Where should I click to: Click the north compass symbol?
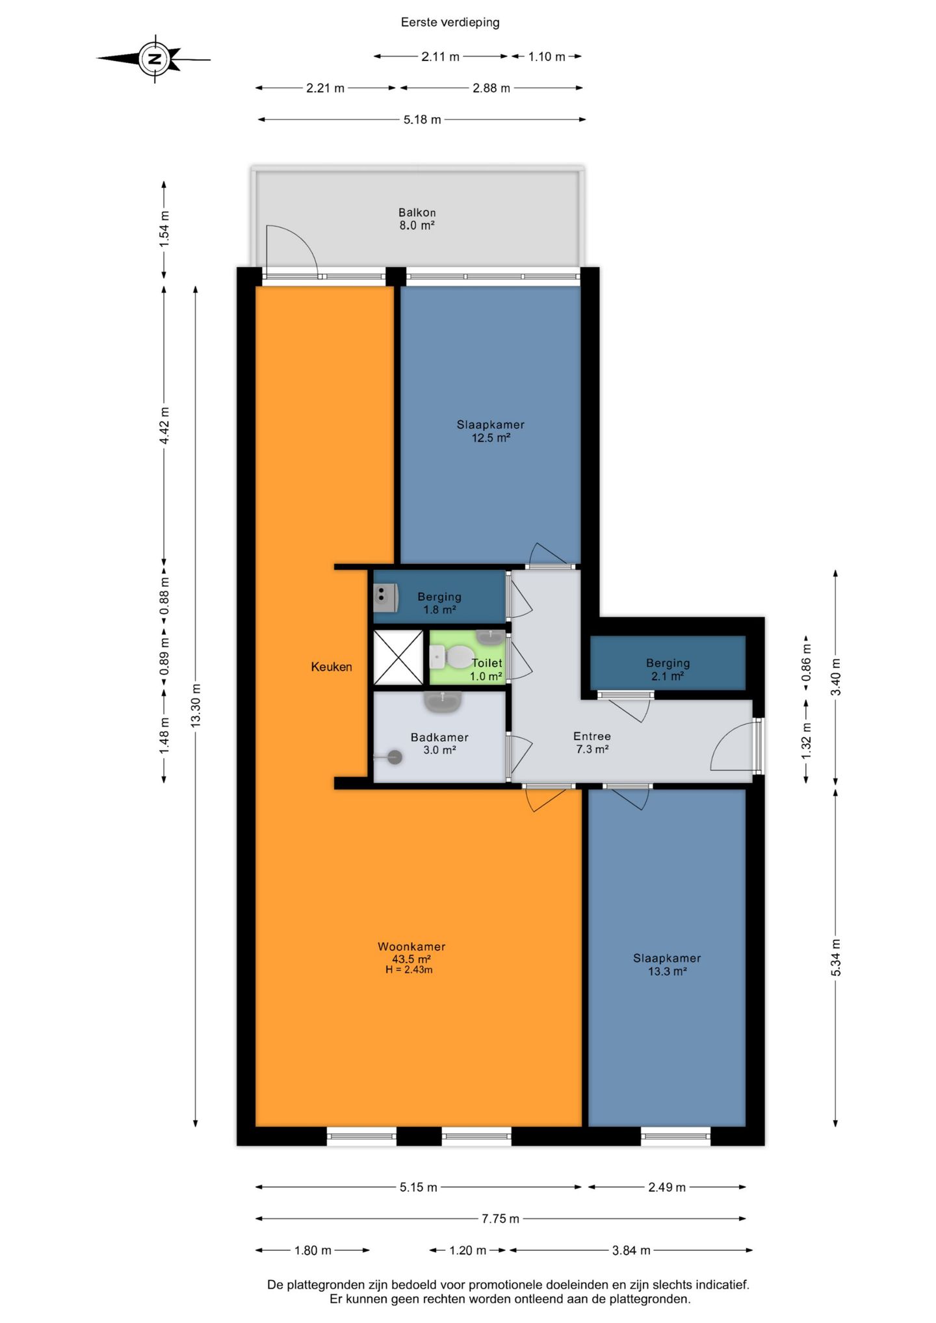155,59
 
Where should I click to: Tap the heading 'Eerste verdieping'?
450,23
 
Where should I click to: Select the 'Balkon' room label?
417,212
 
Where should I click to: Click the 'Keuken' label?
331,667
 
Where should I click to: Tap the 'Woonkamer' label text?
411,947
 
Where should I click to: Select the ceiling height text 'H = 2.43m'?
409,970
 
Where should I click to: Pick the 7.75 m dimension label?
500,1218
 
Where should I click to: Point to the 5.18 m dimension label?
422,120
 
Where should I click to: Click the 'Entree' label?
591,736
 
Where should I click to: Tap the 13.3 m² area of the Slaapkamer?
668,971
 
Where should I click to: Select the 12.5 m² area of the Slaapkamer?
491,438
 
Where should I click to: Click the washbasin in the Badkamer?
443,700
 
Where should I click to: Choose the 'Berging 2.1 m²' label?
668,669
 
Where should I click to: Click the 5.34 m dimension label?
837,958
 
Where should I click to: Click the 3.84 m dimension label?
631,1250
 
